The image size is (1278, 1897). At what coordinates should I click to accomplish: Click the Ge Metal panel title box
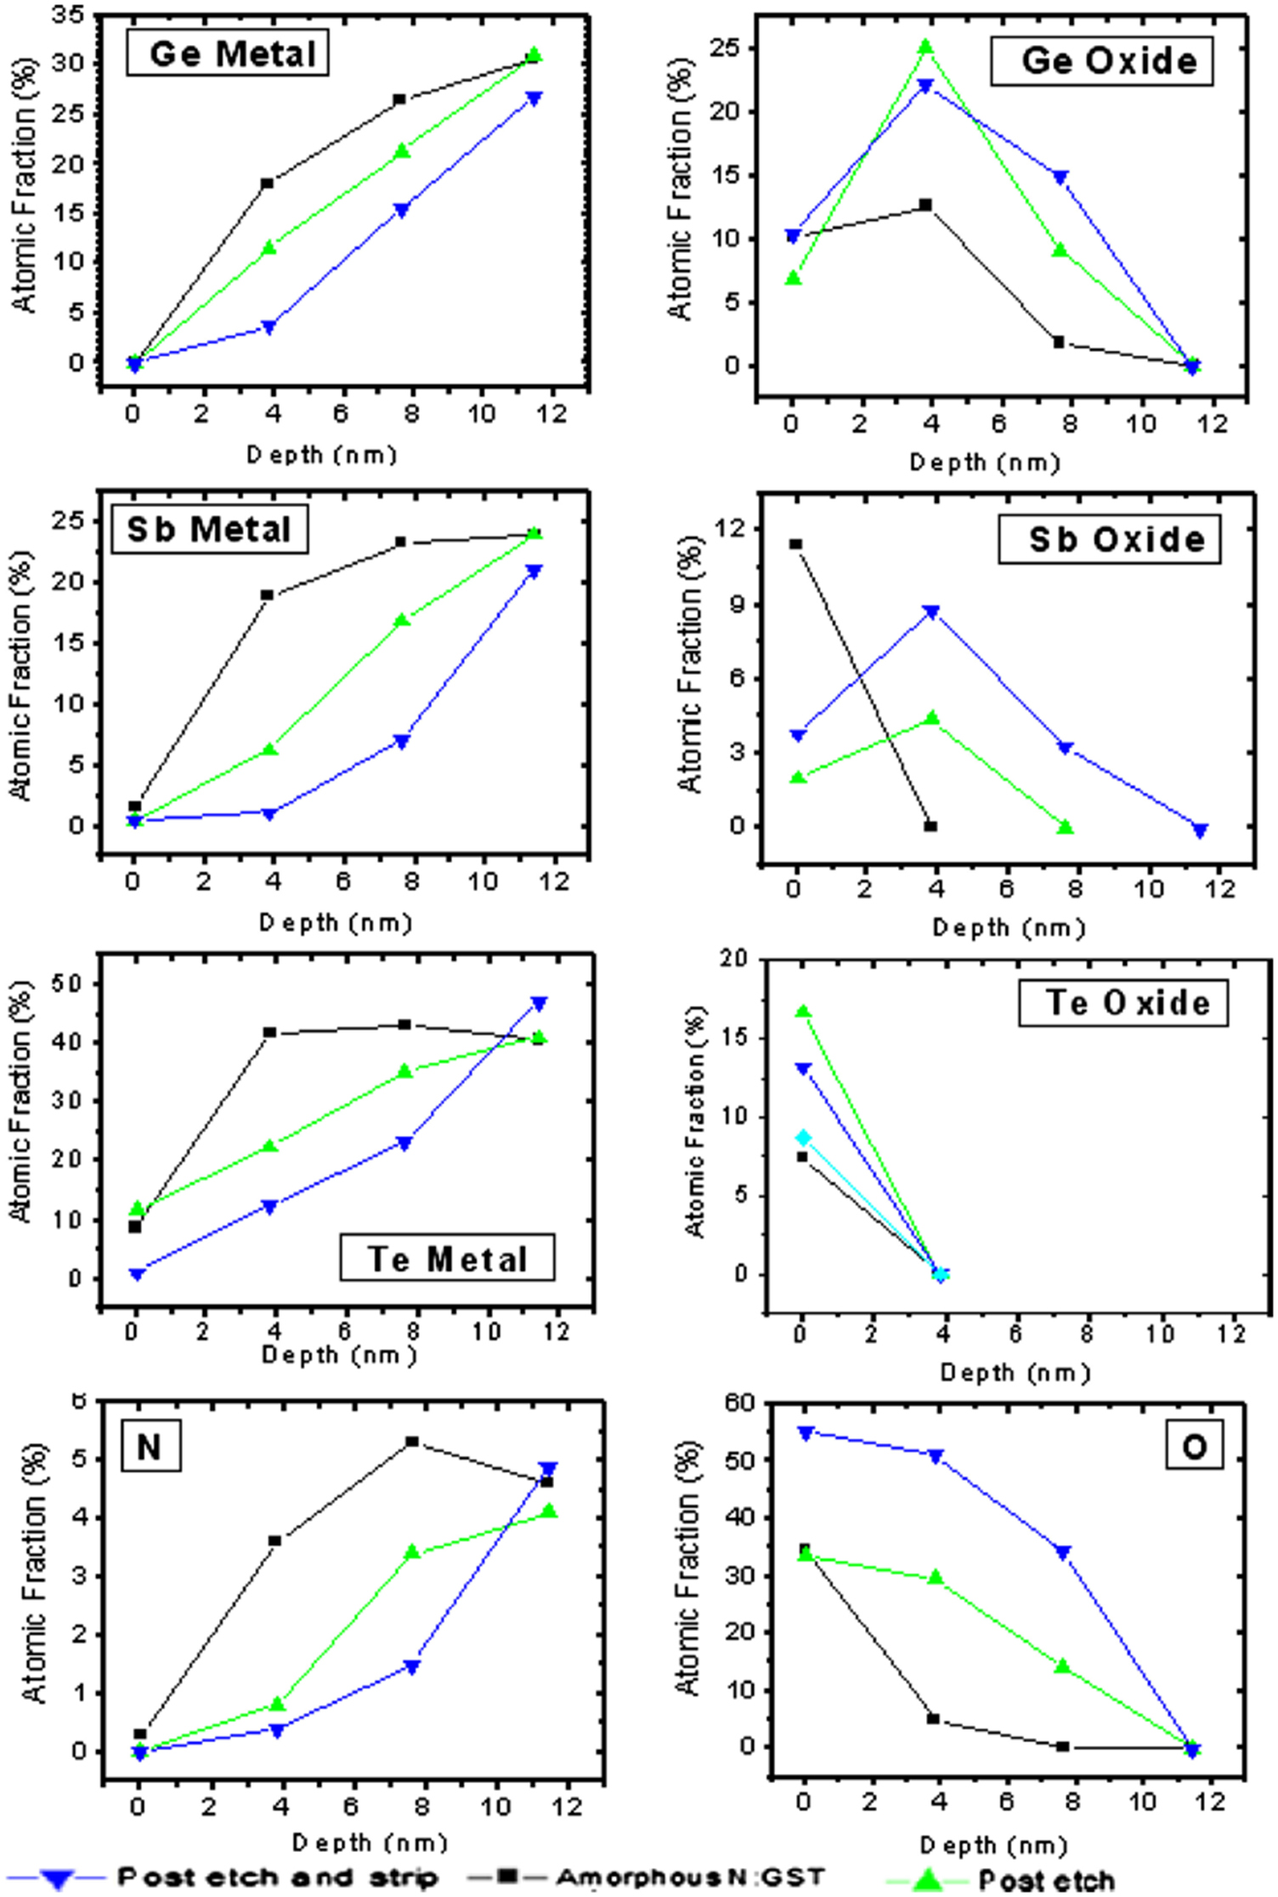coord(228,54)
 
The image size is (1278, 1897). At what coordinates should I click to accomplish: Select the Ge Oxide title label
coord(1101,61)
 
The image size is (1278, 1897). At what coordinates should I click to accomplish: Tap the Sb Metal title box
coord(209,529)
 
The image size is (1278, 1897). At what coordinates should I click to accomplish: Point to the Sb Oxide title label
coord(1109,539)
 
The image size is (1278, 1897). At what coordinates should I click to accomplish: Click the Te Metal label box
coord(447,1258)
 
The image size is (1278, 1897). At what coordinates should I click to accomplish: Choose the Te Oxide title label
coord(1123,1003)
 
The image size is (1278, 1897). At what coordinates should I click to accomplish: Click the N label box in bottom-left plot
coord(150,1447)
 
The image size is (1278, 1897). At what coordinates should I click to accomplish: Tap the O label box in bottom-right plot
coord(1194,1447)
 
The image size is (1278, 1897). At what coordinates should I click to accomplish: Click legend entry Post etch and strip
coord(277,1877)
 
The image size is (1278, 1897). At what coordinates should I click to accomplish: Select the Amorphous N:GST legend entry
coord(690,1877)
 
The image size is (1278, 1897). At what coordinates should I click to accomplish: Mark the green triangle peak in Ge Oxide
coord(926,47)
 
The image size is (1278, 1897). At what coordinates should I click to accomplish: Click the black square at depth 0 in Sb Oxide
coord(796,544)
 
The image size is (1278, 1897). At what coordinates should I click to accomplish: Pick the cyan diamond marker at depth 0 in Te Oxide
coord(803,1138)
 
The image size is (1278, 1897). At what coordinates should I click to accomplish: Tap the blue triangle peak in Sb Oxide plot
coord(932,612)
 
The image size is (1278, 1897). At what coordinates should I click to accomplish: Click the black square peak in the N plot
coord(412,1442)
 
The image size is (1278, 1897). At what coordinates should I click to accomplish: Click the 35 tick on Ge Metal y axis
coord(67,14)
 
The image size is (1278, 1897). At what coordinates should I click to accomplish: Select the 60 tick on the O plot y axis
coord(738,1403)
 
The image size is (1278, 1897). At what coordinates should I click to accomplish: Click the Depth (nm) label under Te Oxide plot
coord(1015,1372)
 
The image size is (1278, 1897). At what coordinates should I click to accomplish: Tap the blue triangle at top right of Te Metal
coord(539,1003)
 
